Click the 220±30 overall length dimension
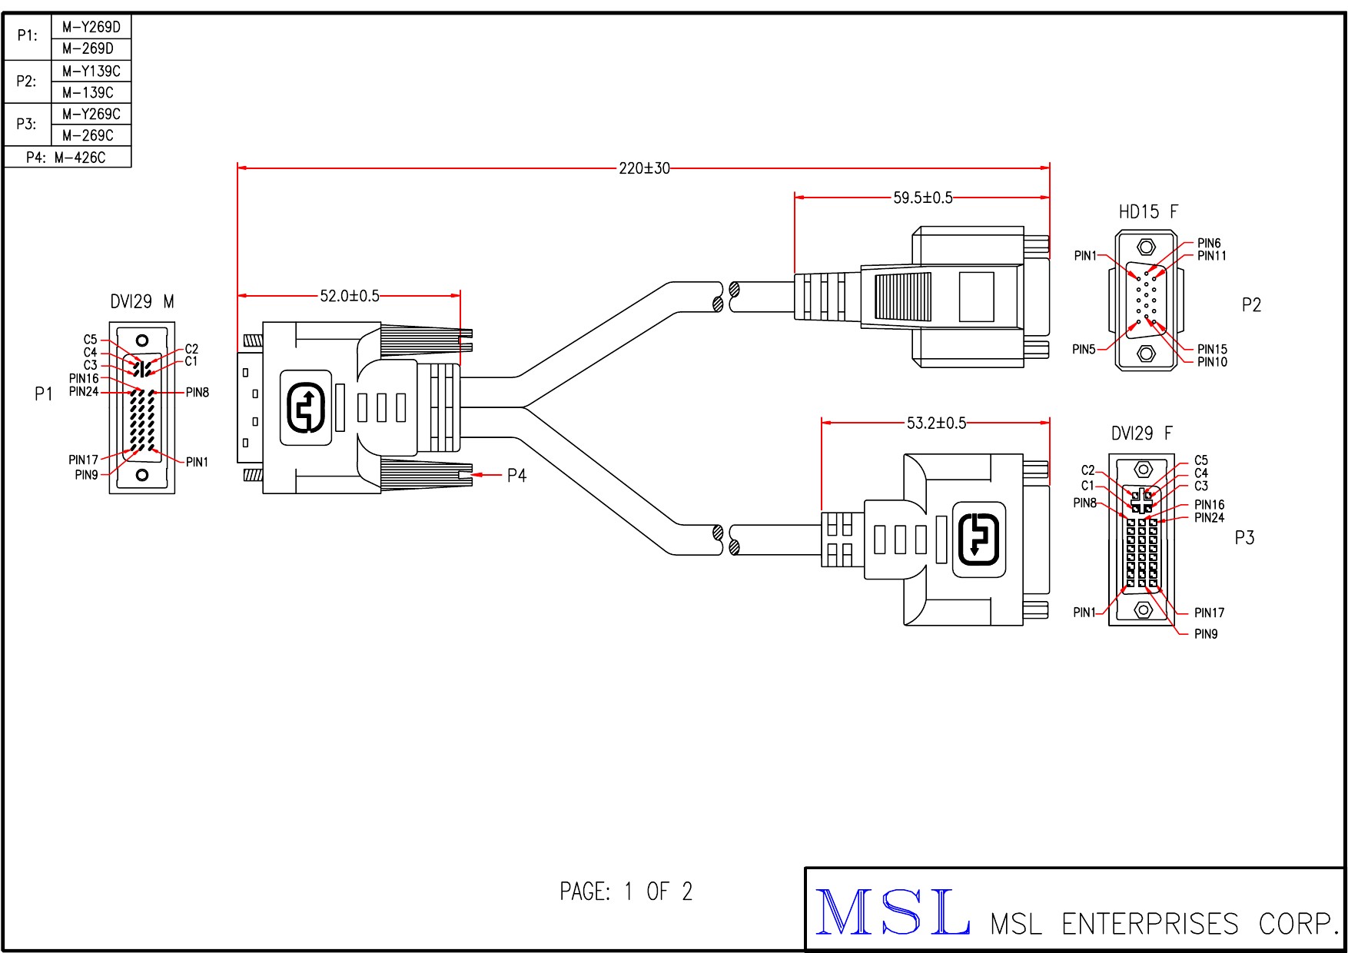click(x=644, y=168)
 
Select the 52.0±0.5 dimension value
click(x=350, y=297)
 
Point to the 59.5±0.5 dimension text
click(x=922, y=198)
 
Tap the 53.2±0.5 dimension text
click(x=936, y=423)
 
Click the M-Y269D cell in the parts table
click(x=91, y=28)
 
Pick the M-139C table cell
click(x=88, y=93)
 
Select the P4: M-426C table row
click(x=67, y=158)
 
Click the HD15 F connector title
click(x=1148, y=212)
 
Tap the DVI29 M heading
click(x=142, y=302)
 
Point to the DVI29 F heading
click(x=1142, y=434)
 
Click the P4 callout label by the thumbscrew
click(x=516, y=476)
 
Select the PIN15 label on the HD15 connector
click(x=1212, y=350)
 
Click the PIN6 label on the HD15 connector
click(x=1209, y=244)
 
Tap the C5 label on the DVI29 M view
click(x=91, y=340)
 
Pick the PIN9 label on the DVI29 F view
click(x=1206, y=635)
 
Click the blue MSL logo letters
click(x=891, y=911)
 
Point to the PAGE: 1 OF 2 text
click(x=626, y=892)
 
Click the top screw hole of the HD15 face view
click(x=1146, y=247)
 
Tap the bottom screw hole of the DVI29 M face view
click(x=142, y=475)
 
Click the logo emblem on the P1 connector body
click(x=306, y=408)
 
